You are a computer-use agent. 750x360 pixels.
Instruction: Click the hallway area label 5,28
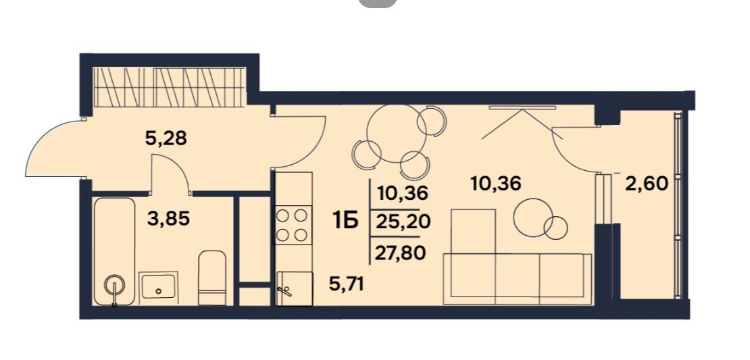pyautogui.click(x=165, y=138)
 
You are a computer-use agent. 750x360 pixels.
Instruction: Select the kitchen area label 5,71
pyautogui.click(x=347, y=284)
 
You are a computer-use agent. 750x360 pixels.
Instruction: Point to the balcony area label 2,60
pyautogui.click(x=646, y=183)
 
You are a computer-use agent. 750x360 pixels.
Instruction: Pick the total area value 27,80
pyautogui.click(x=401, y=253)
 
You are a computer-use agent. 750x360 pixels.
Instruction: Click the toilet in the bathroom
pyautogui.click(x=212, y=278)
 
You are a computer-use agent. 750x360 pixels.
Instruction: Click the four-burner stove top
pyautogui.click(x=292, y=225)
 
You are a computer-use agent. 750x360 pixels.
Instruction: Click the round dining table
pyautogui.click(x=397, y=133)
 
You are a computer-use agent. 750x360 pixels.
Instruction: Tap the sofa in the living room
pyautogui.click(x=518, y=279)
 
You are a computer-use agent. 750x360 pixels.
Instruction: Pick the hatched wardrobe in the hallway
pyautogui.click(x=169, y=86)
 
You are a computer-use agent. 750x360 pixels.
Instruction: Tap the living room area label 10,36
pyautogui.click(x=495, y=183)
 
